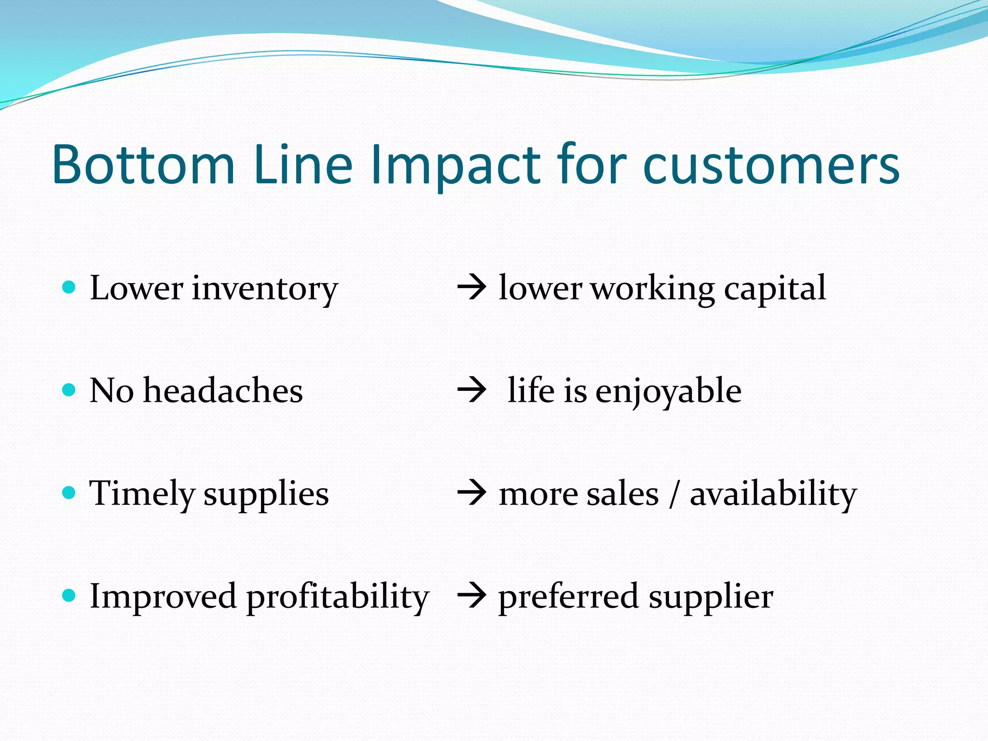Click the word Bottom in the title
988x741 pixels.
[143, 165]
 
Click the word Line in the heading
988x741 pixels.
[303, 165]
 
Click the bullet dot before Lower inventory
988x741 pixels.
[69, 288]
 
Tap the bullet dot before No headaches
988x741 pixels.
[69, 390]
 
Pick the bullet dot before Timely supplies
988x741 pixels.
[69, 493]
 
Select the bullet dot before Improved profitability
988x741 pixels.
[69, 595]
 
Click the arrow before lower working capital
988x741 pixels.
[471, 288]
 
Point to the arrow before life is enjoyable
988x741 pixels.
[471, 391]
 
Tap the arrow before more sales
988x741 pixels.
[471, 494]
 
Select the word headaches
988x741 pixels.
[223, 390]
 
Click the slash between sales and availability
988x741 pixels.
[674, 494]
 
